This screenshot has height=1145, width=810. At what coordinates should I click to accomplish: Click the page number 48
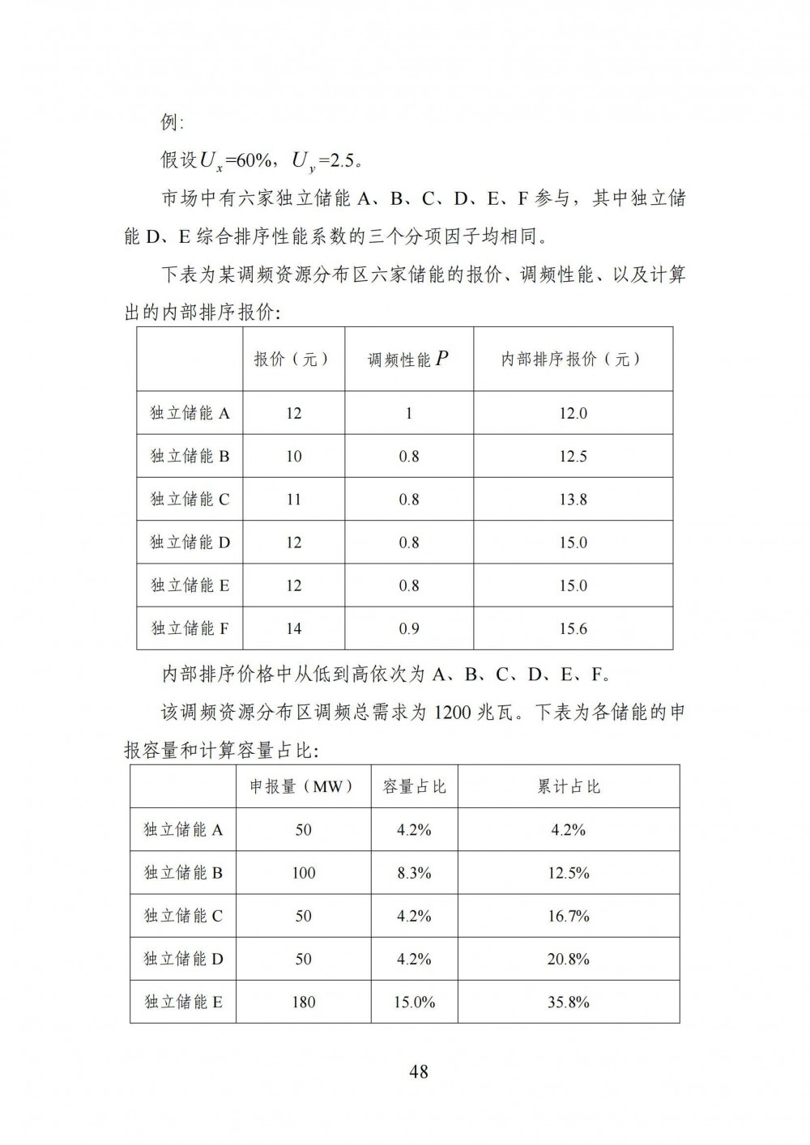[419, 1071]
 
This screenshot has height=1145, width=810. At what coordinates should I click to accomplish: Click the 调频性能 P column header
[409, 360]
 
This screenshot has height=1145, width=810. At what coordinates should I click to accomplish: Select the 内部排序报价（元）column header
[573, 360]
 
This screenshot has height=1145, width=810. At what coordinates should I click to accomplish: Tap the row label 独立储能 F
[190, 628]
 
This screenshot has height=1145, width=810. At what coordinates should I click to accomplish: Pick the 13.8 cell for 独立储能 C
[573, 500]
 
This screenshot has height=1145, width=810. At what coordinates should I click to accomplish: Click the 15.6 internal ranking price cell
[573, 628]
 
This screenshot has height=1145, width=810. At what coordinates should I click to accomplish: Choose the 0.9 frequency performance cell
[409, 628]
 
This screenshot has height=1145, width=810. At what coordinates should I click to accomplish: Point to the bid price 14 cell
[293, 628]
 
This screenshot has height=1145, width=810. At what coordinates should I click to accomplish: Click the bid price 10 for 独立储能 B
[293, 457]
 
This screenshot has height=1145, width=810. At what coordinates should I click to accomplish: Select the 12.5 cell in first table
[573, 457]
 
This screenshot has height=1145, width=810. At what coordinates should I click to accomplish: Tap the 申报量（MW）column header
[303, 786]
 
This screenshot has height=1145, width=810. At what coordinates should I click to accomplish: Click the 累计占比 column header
[569, 786]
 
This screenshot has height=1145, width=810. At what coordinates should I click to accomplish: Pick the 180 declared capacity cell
[303, 1002]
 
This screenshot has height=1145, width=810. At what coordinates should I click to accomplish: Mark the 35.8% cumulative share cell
[569, 1002]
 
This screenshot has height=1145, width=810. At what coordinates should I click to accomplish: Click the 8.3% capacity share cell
[414, 873]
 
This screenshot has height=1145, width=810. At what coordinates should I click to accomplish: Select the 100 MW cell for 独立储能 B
[303, 873]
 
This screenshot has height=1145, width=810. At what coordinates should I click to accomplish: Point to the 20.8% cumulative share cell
[569, 960]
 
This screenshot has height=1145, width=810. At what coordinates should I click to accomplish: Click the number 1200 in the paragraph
[453, 713]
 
